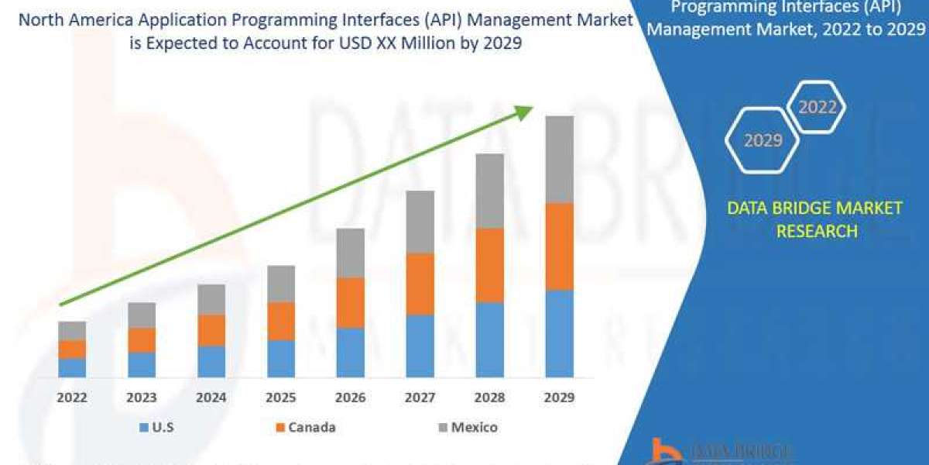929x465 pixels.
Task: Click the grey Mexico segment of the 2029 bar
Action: point(559,159)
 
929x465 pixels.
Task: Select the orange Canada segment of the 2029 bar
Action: point(559,246)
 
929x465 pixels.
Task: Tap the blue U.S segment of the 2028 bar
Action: point(489,339)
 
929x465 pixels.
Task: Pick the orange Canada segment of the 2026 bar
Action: point(350,302)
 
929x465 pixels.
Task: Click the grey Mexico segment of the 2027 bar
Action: point(420,222)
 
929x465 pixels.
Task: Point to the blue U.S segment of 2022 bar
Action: point(72,367)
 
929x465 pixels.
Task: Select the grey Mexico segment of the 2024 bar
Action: point(211,299)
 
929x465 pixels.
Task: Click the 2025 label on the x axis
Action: point(281,398)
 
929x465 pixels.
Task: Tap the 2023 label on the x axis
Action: point(142,398)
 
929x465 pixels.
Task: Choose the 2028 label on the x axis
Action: point(489,398)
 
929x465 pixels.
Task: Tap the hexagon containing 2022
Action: point(817,107)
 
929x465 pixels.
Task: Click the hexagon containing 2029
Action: point(763,140)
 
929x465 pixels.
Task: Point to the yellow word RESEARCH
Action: point(817,231)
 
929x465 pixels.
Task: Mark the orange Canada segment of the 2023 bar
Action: point(142,339)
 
